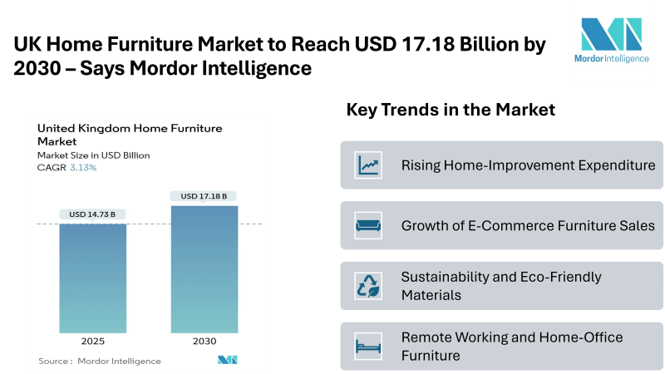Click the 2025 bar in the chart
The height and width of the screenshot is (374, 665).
tap(92, 278)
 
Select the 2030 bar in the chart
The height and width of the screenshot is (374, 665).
tap(204, 269)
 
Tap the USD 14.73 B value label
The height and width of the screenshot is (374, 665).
tap(92, 214)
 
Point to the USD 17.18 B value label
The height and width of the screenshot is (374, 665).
tap(204, 196)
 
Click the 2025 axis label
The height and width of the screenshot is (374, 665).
tap(93, 341)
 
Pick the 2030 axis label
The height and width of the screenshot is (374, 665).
tap(204, 341)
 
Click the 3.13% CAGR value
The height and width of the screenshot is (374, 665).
tap(83, 168)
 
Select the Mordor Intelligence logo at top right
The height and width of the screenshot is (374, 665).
tap(612, 40)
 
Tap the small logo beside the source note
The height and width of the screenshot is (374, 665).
tap(227, 360)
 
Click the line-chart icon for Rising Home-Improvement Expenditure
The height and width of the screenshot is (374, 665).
tap(368, 165)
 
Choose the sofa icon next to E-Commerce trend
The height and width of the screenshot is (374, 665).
tap(368, 225)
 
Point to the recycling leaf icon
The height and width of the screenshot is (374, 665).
tap(368, 286)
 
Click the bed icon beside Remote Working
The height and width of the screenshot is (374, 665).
tap(368, 346)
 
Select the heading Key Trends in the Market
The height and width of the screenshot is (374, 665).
tap(451, 110)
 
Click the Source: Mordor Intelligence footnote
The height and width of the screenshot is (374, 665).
tap(100, 361)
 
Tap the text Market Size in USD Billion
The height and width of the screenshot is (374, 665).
tap(93, 155)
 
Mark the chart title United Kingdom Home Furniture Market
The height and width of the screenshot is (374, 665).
tap(130, 135)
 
